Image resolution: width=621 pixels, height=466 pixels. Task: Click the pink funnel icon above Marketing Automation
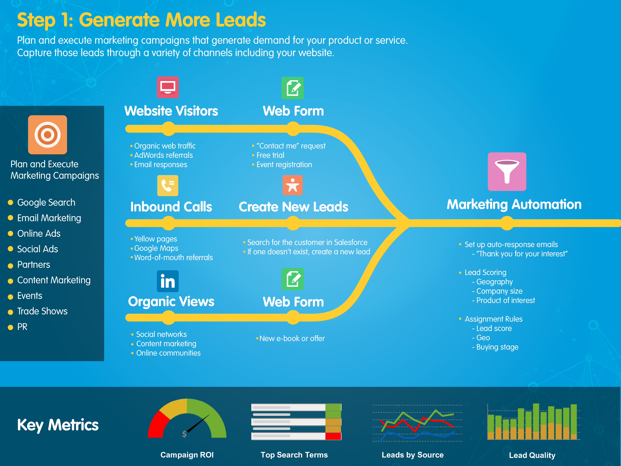507,172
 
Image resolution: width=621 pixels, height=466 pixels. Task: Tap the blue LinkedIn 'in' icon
168,281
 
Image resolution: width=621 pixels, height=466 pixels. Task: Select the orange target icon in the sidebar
47,135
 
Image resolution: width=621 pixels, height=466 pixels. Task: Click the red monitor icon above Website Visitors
168,87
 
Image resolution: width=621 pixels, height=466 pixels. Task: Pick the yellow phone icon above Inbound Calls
168,185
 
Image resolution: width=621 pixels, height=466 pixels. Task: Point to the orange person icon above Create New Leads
292,185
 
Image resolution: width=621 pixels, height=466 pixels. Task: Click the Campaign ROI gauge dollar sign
184,434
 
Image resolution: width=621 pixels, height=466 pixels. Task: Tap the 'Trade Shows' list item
42,311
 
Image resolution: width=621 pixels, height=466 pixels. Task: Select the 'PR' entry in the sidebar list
22,327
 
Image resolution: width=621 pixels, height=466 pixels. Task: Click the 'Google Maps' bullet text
156,248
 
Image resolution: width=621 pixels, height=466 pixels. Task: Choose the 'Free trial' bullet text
270,155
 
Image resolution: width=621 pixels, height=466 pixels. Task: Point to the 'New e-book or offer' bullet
292,338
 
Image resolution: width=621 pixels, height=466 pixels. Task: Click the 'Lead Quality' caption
532,455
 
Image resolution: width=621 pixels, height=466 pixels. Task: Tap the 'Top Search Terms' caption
294,455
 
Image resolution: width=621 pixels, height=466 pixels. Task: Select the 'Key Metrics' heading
58,425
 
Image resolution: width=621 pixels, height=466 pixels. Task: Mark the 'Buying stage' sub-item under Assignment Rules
497,347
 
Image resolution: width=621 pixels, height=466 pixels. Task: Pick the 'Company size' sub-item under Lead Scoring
499,291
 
